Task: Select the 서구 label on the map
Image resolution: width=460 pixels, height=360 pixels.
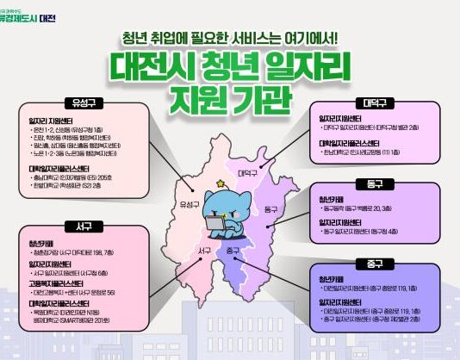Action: click(204, 251)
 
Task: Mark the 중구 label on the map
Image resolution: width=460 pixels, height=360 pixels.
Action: click(233, 251)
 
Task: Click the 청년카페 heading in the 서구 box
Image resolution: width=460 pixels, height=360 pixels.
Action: click(42, 244)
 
